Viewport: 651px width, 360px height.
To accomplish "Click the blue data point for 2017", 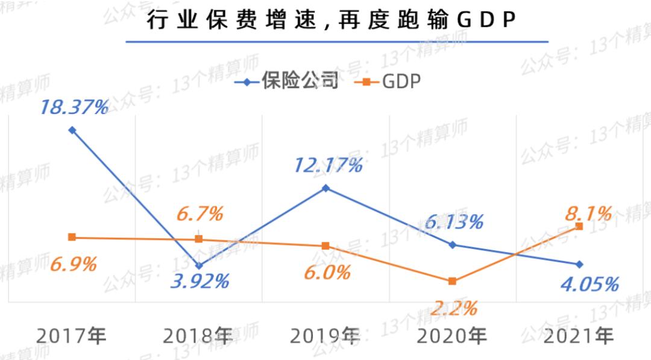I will coord(72,130).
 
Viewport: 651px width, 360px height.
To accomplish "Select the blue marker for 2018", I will coord(200,265).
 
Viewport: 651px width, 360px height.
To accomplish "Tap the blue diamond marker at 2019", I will coord(325,188).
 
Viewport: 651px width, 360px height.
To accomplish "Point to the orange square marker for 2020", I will coord(452,281).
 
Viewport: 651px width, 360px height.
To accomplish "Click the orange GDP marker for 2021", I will coord(579,226).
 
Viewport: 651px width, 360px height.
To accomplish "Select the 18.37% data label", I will coord(74,107).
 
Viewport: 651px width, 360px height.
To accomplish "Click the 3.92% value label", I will coord(200,281).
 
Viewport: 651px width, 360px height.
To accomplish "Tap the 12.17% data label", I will coord(328,165).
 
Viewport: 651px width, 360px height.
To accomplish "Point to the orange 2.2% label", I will coord(453,308).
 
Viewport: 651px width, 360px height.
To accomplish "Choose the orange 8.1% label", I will coord(588,213).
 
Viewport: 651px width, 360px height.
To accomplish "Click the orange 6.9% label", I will coord(72,264).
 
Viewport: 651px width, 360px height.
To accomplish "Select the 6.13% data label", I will coord(453,221).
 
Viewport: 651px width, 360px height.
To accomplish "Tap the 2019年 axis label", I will coord(325,335).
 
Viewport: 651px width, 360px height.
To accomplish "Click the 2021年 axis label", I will coord(579,335).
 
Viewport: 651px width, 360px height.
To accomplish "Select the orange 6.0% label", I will coord(326,272).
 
